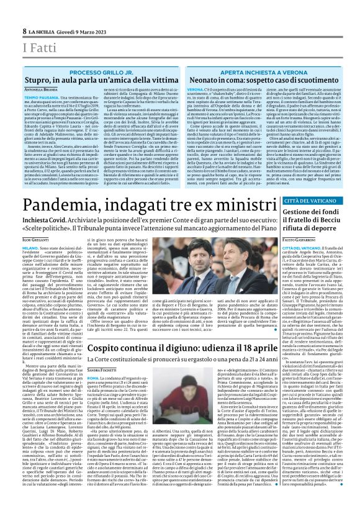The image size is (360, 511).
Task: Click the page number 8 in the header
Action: tap(25, 30)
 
